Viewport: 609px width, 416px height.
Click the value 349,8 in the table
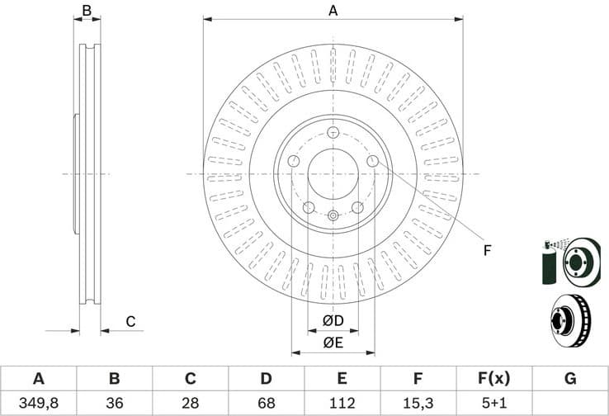[x=38, y=403]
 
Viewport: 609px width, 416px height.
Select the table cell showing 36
[x=115, y=403]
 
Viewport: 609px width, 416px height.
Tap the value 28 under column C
[x=190, y=403]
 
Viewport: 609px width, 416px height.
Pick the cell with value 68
[x=266, y=403]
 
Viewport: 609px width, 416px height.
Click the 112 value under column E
[x=342, y=403]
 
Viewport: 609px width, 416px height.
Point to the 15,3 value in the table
[x=418, y=403]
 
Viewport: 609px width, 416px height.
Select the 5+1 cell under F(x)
[x=493, y=403]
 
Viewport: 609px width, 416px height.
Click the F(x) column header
[x=493, y=379]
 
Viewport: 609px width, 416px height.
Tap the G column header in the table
[x=569, y=379]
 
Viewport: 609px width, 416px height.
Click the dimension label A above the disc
[x=333, y=11]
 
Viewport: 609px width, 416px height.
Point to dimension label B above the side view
[x=87, y=11]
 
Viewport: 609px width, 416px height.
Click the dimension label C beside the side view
[x=130, y=321]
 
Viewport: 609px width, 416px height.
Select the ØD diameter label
[x=333, y=320]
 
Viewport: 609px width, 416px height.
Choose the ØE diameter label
[x=333, y=342]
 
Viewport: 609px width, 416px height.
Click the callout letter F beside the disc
[x=487, y=250]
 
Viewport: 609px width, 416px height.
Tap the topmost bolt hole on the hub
[x=333, y=134]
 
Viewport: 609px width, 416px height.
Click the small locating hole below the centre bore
[x=333, y=216]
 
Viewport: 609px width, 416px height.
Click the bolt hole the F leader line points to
[x=372, y=162]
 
